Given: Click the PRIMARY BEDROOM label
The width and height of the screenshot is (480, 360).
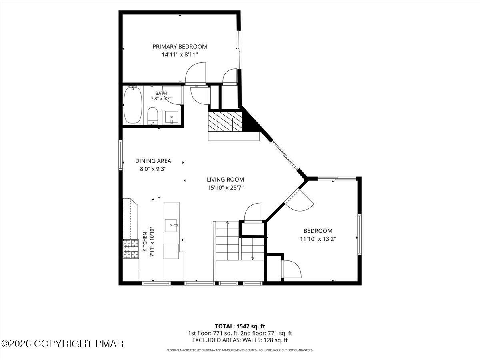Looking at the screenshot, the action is [x=180, y=46].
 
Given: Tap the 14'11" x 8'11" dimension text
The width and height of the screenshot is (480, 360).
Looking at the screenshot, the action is [x=180, y=54].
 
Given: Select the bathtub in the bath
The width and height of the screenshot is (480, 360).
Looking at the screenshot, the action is [x=132, y=105].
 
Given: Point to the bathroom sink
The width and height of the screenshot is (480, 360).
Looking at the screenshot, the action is [x=172, y=117].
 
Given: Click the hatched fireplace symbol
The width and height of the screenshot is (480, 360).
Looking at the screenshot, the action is [x=225, y=122].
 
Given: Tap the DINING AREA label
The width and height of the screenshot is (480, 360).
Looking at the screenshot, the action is [x=153, y=161].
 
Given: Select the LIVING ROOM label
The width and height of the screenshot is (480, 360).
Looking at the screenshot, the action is [x=225, y=180].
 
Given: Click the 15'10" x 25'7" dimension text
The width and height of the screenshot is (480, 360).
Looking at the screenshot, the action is [x=225, y=188].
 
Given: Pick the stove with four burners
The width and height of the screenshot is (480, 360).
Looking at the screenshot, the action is [x=131, y=249].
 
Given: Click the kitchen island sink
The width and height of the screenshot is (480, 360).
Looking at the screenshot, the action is [x=171, y=225].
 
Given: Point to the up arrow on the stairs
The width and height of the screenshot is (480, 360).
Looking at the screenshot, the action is [x=227, y=222].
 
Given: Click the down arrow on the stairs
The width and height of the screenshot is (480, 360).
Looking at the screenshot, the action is [x=252, y=258].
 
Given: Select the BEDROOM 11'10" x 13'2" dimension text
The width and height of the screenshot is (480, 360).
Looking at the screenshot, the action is [x=318, y=239].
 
